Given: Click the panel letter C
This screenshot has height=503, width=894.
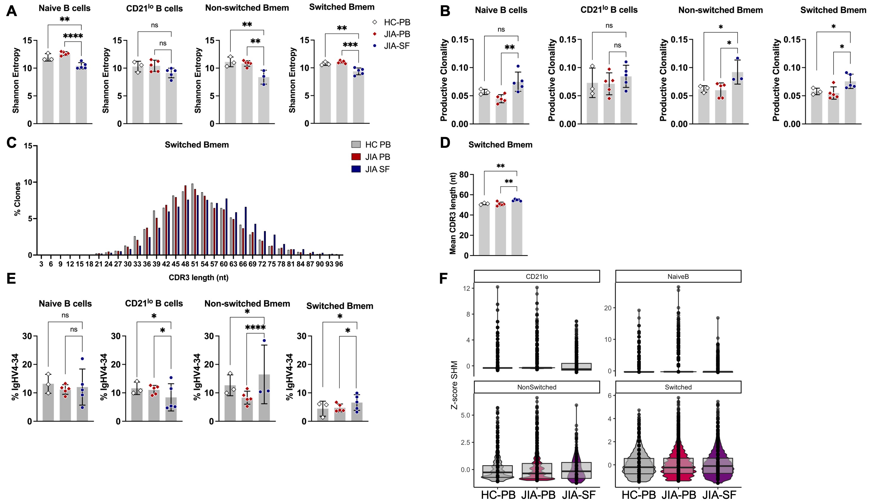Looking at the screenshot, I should click(11, 143).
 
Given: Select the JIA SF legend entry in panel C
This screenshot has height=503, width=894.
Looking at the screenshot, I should click(371, 169).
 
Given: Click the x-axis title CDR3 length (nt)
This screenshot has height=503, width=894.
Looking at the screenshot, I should click(198, 277).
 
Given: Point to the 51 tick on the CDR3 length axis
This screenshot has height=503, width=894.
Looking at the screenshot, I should click(195, 264).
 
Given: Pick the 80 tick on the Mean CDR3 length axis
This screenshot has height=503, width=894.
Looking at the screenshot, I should click(464, 175).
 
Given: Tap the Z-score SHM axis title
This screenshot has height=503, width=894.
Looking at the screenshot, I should click(454, 385).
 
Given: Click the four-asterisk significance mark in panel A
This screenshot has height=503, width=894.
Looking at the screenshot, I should click(73, 36).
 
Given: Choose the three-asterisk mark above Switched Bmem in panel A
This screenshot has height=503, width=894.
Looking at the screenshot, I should click(350, 45).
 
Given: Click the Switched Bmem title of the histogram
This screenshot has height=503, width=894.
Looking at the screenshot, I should click(197, 145).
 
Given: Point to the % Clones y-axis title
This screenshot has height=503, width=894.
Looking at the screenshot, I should click(17, 199).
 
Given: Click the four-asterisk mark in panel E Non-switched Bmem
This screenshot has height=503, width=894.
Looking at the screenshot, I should click(255, 328).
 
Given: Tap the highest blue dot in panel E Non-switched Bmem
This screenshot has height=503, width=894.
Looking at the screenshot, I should click(264, 341).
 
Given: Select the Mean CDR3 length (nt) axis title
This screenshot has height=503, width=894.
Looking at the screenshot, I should click(453, 213).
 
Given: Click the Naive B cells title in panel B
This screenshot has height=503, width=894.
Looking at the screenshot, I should click(501, 10).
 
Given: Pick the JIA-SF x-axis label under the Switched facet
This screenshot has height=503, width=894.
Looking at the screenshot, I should click(719, 495).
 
